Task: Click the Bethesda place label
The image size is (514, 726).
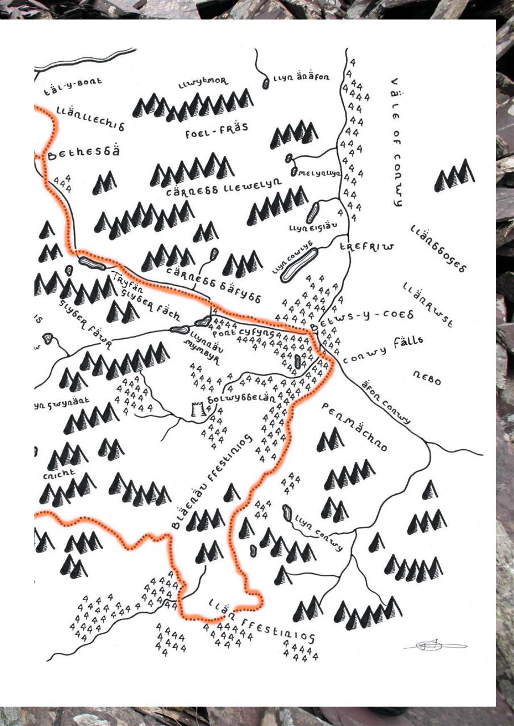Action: click(x=84, y=153)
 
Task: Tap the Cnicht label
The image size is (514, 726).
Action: click(x=58, y=477)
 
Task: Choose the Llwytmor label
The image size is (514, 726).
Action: click(x=203, y=84)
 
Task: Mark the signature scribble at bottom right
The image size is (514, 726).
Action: click(x=434, y=645)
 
